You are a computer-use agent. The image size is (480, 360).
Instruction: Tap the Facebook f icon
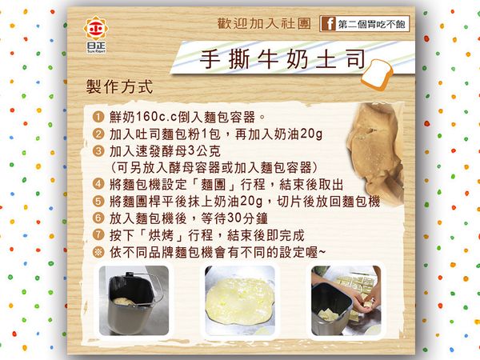326,24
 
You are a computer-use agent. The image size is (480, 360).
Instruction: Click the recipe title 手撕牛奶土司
272,61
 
